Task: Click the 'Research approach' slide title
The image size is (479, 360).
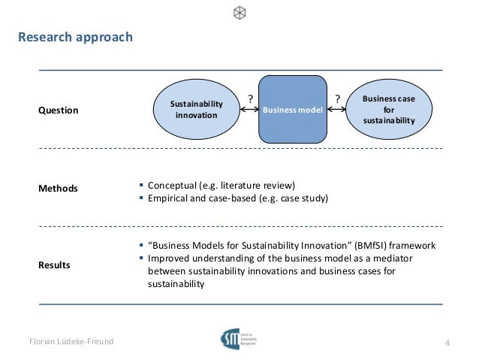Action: click(75, 37)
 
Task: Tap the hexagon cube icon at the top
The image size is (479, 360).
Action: click(239, 12)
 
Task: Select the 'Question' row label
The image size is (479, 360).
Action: click(59, 110)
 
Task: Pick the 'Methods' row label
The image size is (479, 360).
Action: click(58, 188)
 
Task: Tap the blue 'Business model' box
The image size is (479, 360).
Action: click(293, 110)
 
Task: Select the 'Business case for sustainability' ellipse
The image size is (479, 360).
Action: click(388, 110)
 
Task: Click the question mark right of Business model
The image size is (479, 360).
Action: click(338, 98)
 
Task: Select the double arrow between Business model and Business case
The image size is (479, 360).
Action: click(338, 110)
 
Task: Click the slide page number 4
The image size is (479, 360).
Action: click(447, 344)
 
